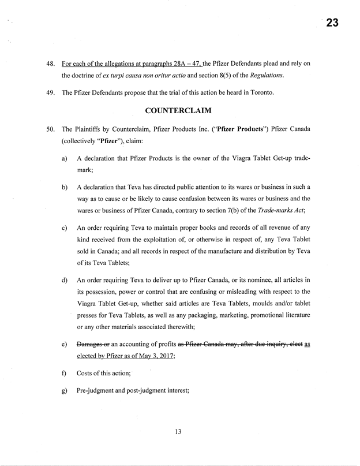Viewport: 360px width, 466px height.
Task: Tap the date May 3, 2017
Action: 151,356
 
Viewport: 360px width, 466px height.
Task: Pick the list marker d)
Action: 64,280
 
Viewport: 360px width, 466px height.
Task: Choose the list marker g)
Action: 64,390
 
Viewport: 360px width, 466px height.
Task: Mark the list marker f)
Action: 63,373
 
